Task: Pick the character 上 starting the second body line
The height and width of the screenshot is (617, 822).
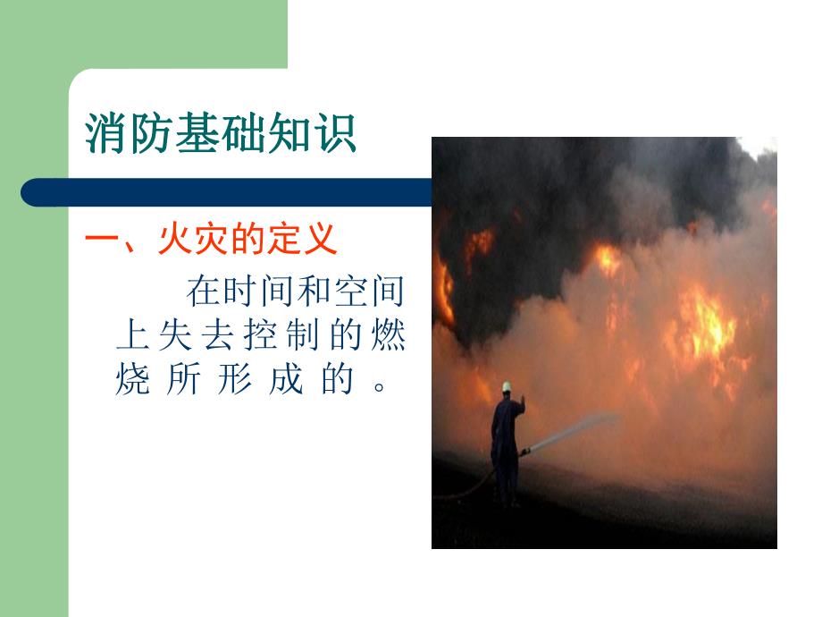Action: (x=131, y=338)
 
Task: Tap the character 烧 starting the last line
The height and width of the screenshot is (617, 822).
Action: (x=131, y=383)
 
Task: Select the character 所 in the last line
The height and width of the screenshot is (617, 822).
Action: (x=182, y=383)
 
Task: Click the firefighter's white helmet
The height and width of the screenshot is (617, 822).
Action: (x=506, y=386)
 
